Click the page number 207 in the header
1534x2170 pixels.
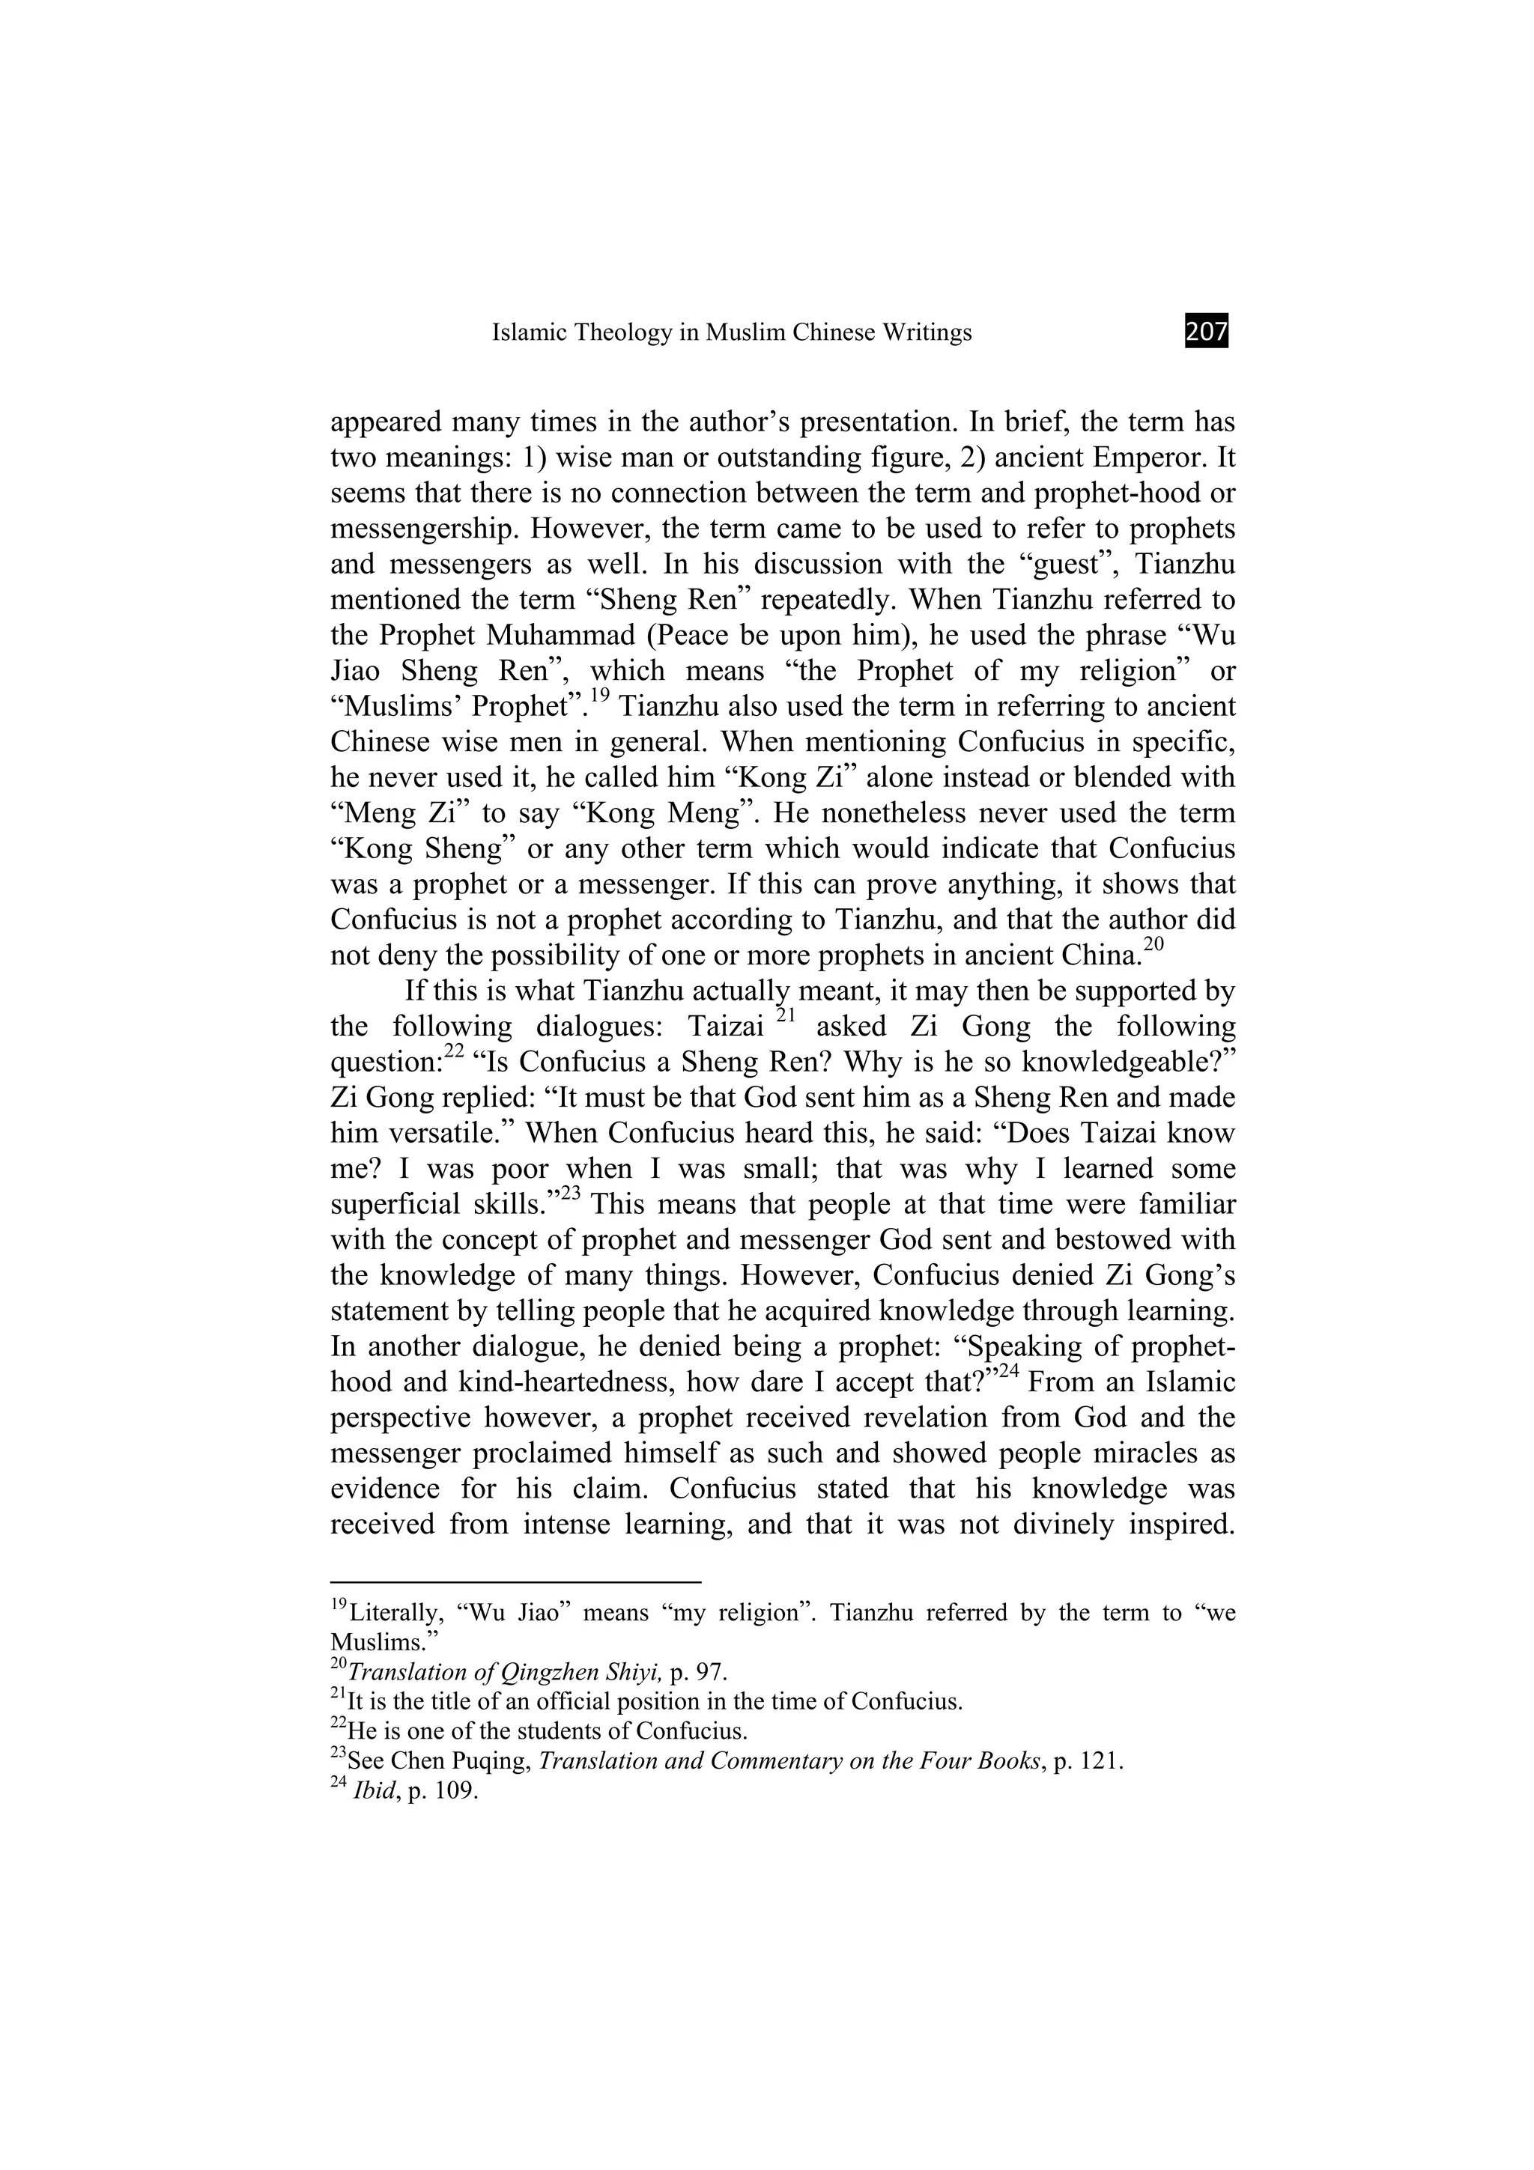pos(1206,332)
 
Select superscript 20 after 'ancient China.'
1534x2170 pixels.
pos(1152,944)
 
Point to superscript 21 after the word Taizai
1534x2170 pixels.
pos(786,1016)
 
